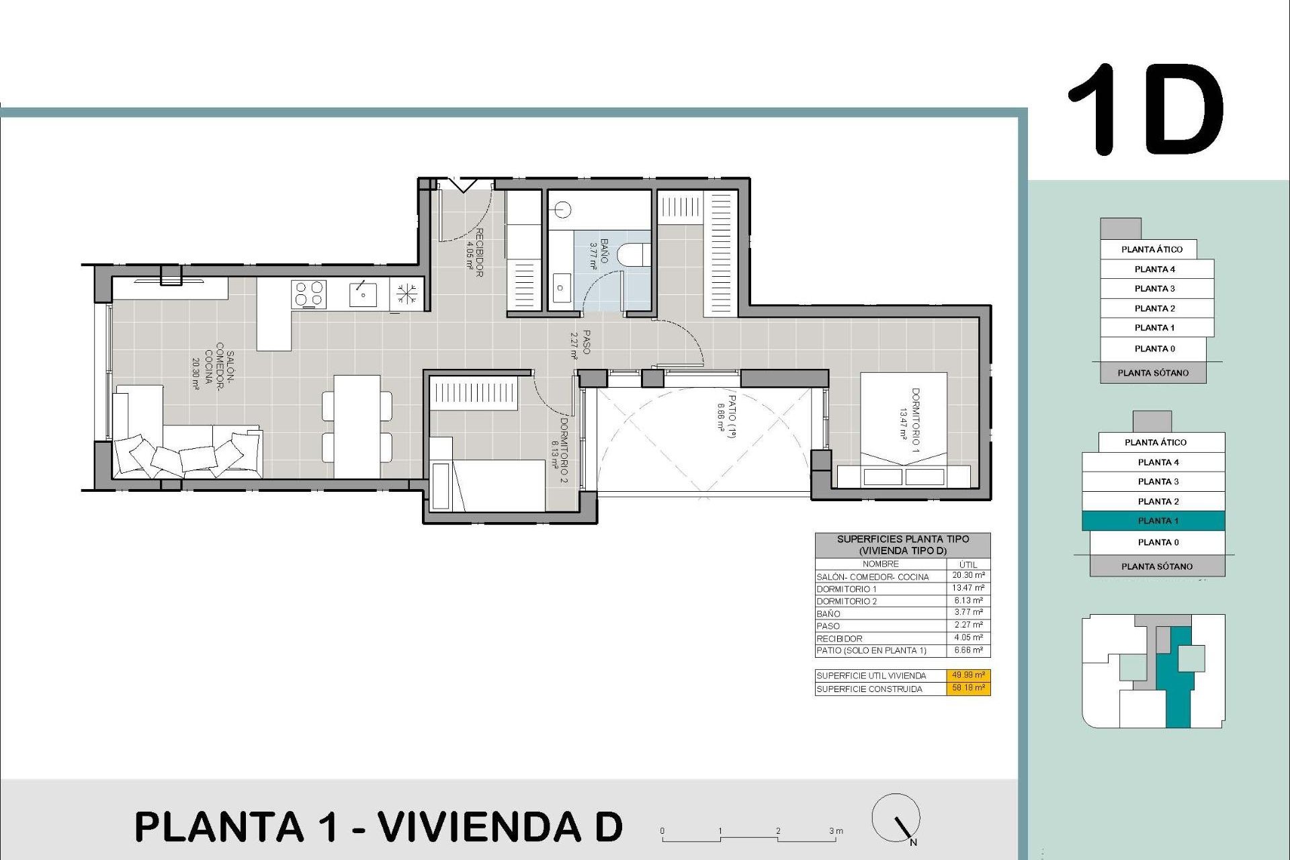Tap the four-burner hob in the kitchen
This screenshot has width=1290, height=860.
click(309, 294)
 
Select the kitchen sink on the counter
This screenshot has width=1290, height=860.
click(363, 294)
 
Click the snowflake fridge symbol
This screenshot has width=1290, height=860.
click(406, 294)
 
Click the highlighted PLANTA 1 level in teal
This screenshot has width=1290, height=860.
click(1153, 521)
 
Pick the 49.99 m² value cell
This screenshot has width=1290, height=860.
click(968, 675)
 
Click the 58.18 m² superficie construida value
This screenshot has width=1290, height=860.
click(968, 688)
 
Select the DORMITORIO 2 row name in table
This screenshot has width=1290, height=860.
click(847, 601)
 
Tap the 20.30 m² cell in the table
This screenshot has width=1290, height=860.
click(968, 576)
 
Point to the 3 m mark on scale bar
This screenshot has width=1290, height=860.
click(833, 832)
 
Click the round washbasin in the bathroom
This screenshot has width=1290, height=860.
click(563, 210)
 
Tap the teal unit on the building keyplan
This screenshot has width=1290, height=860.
click(1177, 692)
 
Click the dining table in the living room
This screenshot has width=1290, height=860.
click(357, 425)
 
